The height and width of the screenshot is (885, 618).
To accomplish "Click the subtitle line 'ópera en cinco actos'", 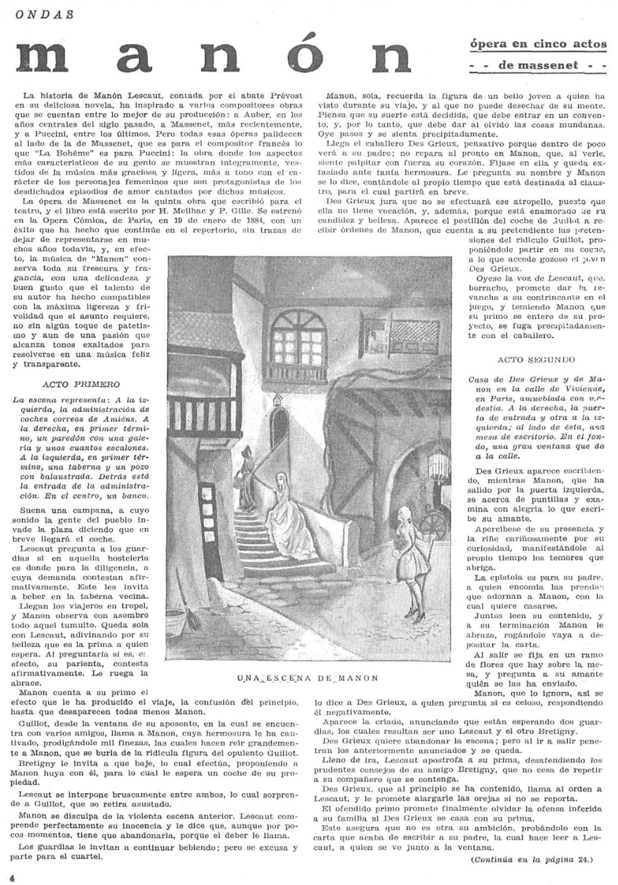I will (538, 44).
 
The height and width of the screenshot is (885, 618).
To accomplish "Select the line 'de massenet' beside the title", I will (538, 66).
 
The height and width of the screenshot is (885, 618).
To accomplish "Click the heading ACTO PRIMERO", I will (81, 384).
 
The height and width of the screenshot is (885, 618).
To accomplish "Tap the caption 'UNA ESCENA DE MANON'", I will (308, 677).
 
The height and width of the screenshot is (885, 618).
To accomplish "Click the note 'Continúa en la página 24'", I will (531, 859).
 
